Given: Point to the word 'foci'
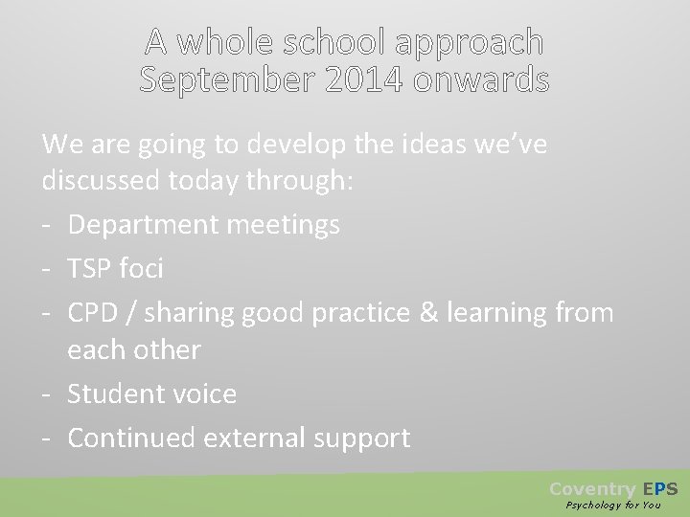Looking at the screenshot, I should pyautogui.click(x=143, y=269).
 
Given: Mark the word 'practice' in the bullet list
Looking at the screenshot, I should pyautogui.click(x=359, y=312).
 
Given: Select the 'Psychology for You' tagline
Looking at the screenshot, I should pyautogui.click(x=613, y=505).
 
